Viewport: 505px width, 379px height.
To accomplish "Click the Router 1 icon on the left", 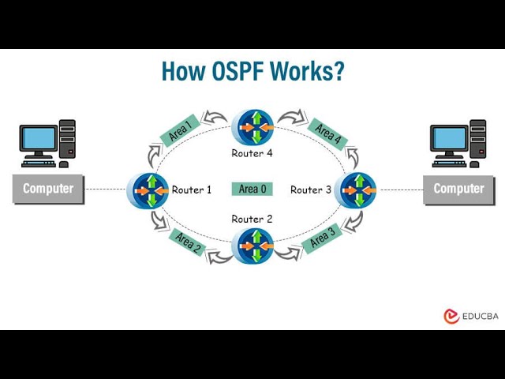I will click(148, 190).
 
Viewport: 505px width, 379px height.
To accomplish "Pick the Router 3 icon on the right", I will click(355, 190).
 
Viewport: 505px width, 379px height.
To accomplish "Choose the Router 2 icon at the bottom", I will click(252, 246).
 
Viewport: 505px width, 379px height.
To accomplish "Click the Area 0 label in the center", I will click(252, 189).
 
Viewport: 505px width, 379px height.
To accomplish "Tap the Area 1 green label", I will click(179, 129).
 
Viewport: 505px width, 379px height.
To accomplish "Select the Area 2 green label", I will click(188, 242).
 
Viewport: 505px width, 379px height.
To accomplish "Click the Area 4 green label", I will click(327, 133).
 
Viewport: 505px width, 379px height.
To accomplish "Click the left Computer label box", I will click(48, 189).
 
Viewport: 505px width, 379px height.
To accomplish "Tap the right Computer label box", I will click(458, 189).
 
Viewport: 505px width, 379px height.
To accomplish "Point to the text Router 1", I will click(192, 189).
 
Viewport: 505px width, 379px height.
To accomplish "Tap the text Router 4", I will click(252, 153).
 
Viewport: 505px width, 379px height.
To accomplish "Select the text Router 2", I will click(252, 219).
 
